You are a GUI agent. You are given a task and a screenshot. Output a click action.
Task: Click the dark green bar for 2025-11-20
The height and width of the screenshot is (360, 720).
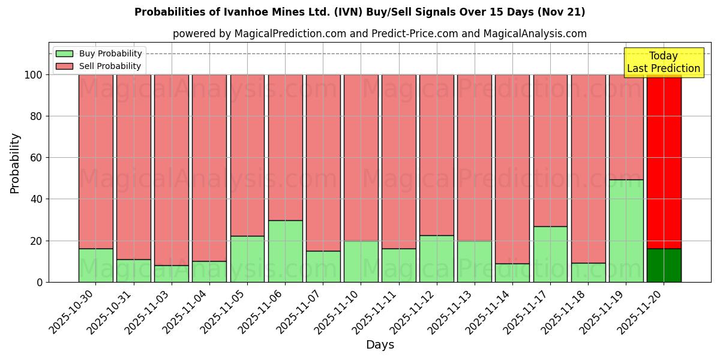664,265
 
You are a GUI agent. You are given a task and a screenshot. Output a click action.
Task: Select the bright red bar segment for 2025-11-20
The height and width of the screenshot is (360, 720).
664,162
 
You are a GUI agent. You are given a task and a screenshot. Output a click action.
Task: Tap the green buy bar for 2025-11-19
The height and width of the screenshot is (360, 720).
626,231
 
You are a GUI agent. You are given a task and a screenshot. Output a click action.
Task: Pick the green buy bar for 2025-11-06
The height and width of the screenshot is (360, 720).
285,251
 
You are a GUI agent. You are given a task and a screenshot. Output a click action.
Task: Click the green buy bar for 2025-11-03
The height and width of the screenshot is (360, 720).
172,274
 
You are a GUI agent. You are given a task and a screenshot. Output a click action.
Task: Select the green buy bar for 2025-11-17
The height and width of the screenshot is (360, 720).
550,254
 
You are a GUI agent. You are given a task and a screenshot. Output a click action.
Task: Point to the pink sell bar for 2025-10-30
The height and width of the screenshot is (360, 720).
96,162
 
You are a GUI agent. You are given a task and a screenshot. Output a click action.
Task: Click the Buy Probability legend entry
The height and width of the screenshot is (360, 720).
99,53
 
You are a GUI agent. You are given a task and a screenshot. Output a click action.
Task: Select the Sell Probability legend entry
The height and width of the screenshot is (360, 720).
99,66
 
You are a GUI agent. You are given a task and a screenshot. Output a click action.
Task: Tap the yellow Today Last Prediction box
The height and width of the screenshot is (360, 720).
664,62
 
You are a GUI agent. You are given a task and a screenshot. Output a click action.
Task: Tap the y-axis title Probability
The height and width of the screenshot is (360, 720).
15,163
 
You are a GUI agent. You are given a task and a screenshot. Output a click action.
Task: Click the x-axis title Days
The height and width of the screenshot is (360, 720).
380,345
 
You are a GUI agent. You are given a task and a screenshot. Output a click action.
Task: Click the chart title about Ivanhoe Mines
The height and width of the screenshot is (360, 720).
360,12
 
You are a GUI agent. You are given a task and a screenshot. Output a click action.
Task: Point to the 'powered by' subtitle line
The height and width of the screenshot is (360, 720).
380,34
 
